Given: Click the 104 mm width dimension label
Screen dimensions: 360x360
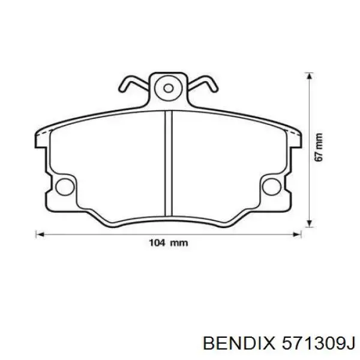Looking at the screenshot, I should (168, 243).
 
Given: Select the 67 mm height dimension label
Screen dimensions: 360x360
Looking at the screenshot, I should (319, 147).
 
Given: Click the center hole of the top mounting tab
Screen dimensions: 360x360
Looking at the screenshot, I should (168, 88).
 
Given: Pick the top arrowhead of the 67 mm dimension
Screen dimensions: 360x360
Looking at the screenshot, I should (310, 76).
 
